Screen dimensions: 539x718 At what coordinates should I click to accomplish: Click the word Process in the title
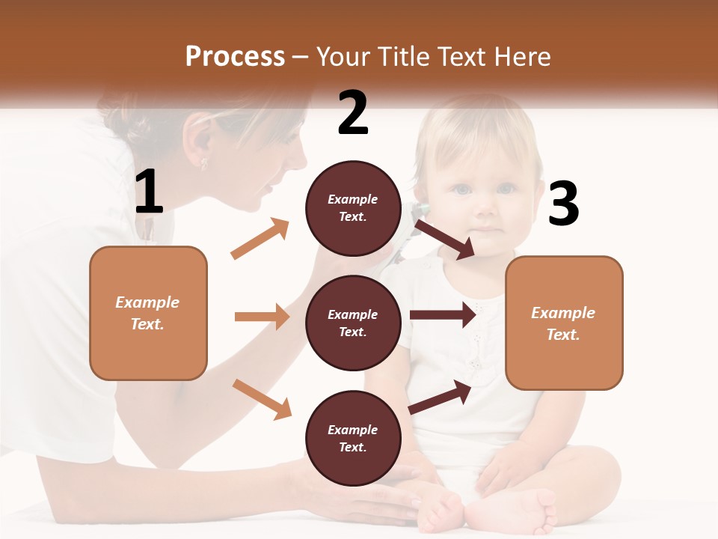point(235,56)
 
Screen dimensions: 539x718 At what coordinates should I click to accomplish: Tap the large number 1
point(149,192)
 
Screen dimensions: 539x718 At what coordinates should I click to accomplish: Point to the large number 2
point(353,113)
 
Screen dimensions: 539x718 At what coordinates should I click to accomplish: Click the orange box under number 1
point(148,313)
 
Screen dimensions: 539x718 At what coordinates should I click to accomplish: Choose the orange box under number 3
point(564,323)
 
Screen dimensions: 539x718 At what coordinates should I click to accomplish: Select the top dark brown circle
point(353,208)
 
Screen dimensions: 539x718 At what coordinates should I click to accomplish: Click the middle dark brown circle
point(353,323)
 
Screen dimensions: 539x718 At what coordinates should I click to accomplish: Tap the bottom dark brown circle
point(353,438)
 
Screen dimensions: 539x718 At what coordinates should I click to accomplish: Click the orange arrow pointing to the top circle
point(260,239)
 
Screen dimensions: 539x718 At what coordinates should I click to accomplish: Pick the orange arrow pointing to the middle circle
point(262,317)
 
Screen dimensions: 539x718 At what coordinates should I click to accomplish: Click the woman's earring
point(203,161)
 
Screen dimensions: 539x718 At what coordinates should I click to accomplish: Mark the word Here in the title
point(523,56)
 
